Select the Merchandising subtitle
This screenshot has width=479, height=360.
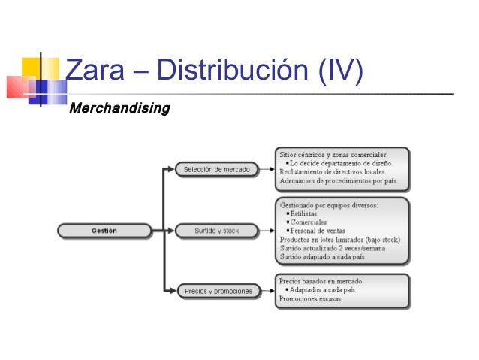point(119,110)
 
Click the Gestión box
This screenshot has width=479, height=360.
point(104,230)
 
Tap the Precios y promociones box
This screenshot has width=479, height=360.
point(218,291)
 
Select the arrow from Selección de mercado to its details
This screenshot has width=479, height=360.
point(264,169)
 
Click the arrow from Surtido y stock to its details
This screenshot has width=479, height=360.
point(264,231)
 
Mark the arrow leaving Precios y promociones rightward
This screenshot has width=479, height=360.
point(266,291)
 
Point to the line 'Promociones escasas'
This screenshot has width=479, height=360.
point(310,298)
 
